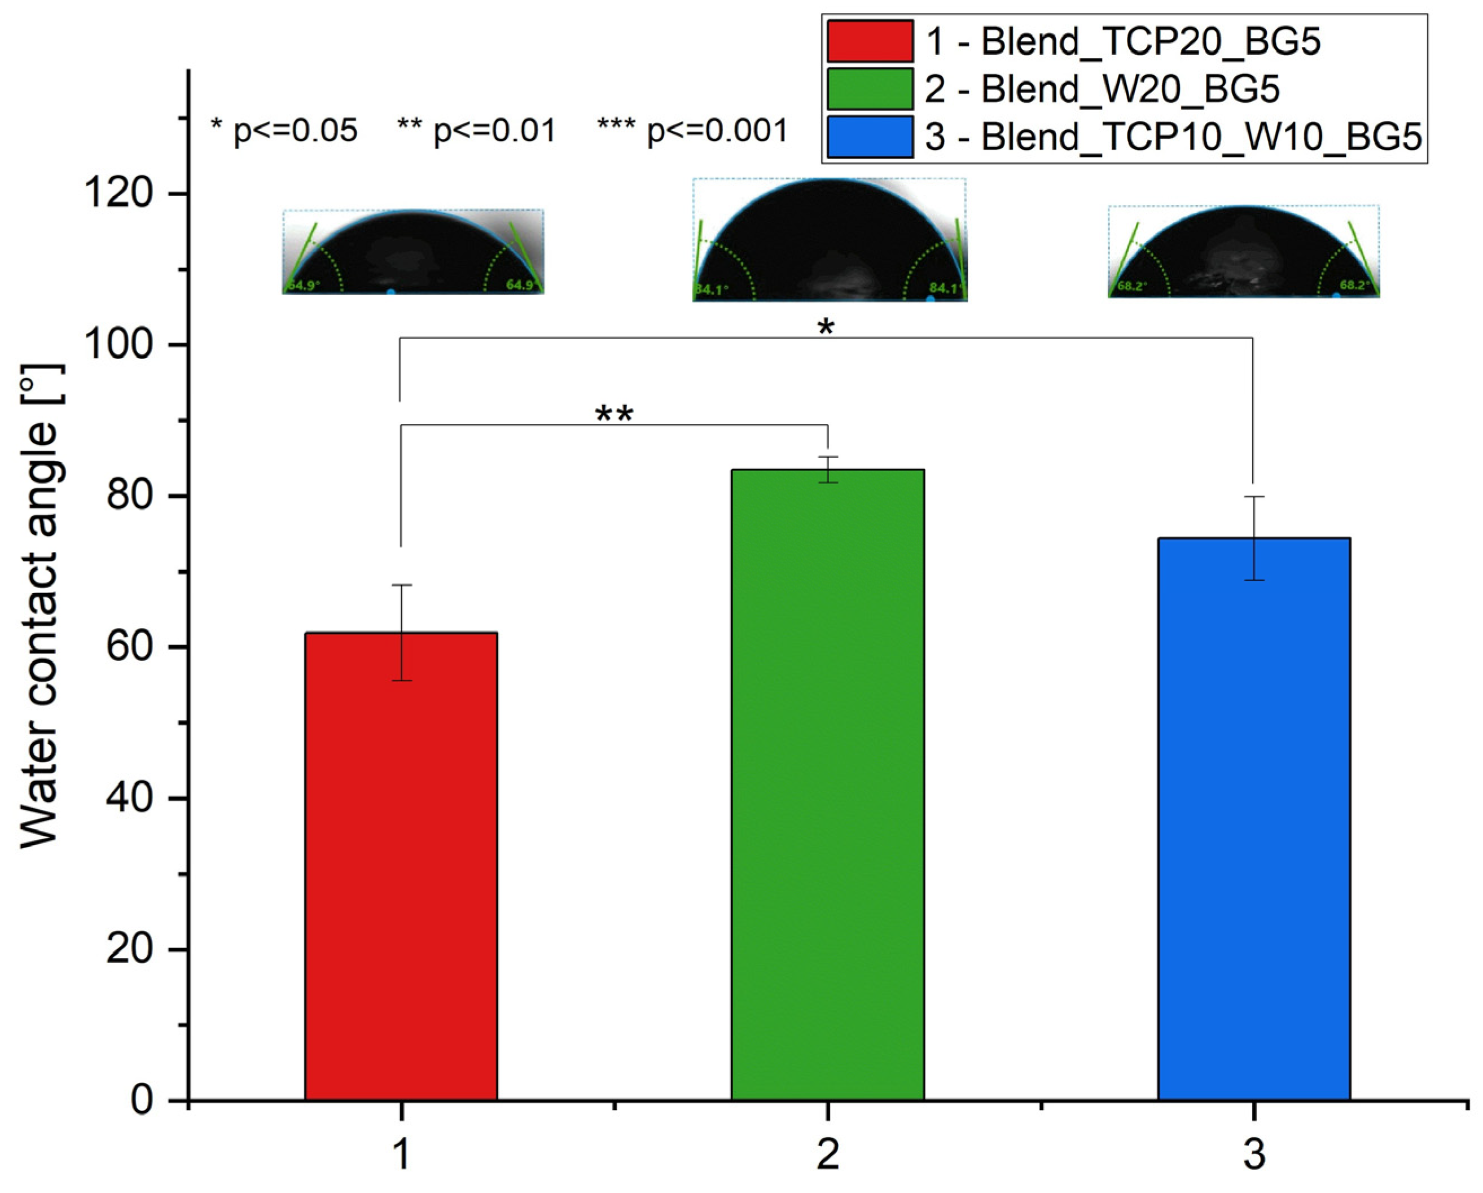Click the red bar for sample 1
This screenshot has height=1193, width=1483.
pyautogui.click(x=401, y=867)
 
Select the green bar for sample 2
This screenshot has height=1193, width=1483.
pyautogui.click(x=827, y=784)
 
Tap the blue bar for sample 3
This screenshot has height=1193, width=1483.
pyautogui.click(x=1254, y=819)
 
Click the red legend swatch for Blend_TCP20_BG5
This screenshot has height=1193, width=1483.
pyautogui.click(x=870, y=41)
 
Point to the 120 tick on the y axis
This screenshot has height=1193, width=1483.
pyautogui.click(x=116, y=194)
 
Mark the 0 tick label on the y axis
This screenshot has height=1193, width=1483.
pyautogui.click(x=142, y=1101)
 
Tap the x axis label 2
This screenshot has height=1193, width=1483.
pyautogui.click(x=827, y=1154)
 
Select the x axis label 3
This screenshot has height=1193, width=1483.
pyautogui.click(x=1254, y=1154)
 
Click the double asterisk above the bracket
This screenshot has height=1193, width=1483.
pyautogui.click(x=613, y=415)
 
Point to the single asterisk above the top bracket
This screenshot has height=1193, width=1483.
pyautogui.click(x=826, y=327)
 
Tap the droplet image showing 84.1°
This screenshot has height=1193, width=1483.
pyautogui.click(x=830, y=240)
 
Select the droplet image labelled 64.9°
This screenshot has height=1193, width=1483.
pyautogui.click(x=413, y=252)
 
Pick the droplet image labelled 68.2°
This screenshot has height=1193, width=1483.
pyautogui.click(x=1243, y=251)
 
